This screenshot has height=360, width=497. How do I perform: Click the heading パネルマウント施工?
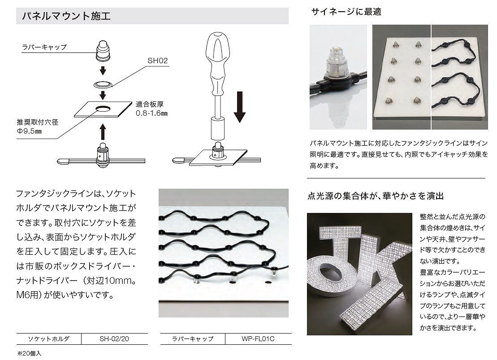coord(66,16)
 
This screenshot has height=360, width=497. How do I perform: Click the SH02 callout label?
coord(158,61)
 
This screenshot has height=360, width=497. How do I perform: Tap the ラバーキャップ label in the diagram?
coord(44,47)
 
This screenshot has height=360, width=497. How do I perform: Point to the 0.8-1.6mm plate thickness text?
coord(151,113)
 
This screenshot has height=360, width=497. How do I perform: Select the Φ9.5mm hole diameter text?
coord(29,131)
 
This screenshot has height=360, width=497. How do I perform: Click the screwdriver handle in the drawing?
coord(217,63)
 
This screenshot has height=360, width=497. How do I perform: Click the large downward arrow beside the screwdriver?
coord(240,107)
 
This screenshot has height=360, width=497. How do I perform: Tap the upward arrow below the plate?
coord(102,132)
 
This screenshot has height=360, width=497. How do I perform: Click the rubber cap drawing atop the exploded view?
coord(103,51)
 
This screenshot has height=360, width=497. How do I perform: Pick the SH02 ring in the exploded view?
coord(103,84)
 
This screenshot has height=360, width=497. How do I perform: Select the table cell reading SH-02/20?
coord(114,339)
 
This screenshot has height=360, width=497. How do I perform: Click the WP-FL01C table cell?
coord(258,339)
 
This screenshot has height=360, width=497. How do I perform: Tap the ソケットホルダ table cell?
coord(48,339)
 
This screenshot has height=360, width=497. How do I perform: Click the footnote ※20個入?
coord(29,353)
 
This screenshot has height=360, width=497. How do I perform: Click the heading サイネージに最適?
coord(346,12)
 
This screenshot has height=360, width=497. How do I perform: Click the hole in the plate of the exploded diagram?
coord(103,109)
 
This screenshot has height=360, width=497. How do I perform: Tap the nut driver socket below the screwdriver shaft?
coord(218,128)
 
